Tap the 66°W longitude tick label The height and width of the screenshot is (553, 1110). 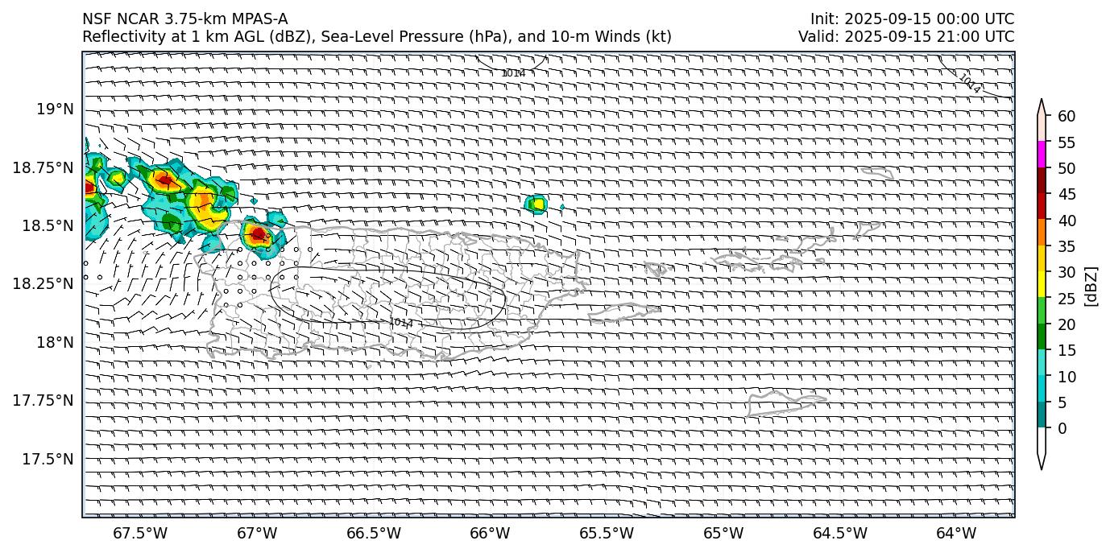[x=490, y=534]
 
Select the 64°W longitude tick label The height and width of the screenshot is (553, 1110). [x=956, y=534]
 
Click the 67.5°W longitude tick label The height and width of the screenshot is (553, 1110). [x=140, y=534]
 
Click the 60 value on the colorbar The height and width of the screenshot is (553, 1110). [x=1067, y=117]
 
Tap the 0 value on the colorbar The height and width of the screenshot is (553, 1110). [x=1062, y=428]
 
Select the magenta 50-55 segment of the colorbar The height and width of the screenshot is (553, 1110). [x=1042, y=155]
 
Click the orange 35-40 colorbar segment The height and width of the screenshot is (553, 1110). [x=1042, y=233]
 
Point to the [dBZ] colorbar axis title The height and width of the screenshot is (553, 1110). [x=1091, y=287]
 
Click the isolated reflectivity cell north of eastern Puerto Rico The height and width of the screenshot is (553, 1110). [x=536, y=204]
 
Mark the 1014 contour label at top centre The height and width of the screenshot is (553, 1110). [x=513, y=73]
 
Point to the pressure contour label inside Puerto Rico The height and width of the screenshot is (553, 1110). [x=401, y=323]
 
